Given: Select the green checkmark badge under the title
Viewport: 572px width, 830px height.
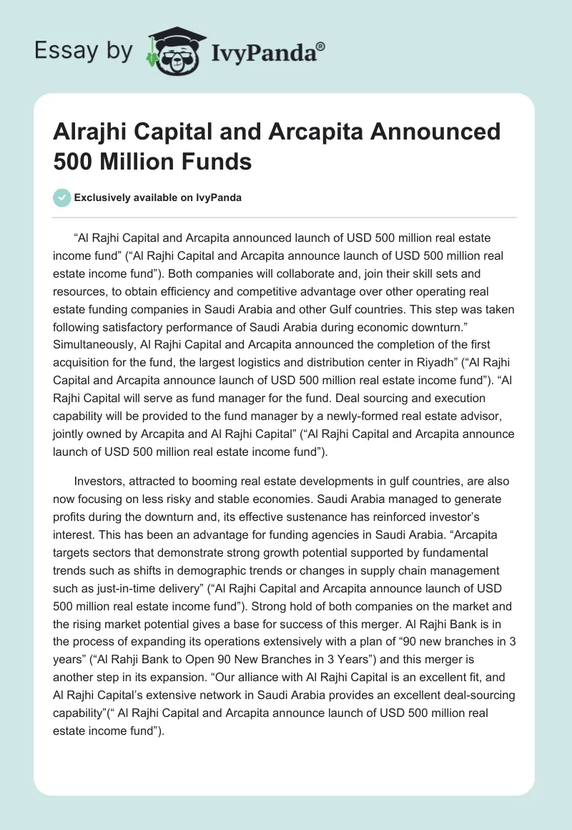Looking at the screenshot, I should [62, 198].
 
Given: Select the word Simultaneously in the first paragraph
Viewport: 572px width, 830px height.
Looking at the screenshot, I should [97, 343].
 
